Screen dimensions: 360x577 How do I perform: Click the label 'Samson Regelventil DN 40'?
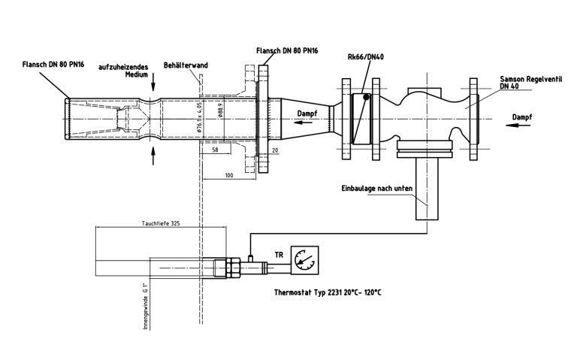(526, 82)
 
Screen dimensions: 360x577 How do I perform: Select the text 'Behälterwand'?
(186, 66)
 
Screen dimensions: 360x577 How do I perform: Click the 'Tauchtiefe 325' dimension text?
(160, 224)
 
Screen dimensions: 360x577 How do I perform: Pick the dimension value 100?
(229, 175)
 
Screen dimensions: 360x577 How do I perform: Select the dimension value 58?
(215, 151)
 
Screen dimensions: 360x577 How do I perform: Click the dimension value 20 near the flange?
(274, 151)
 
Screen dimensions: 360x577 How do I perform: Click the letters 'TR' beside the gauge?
(279, 256)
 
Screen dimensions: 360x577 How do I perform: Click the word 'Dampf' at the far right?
(523, 118)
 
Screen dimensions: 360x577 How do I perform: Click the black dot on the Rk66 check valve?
(366, 96)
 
